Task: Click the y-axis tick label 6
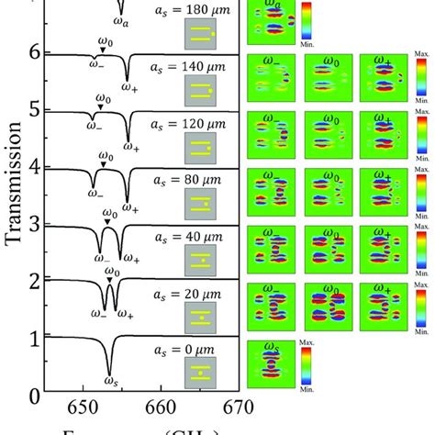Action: tap(35, 53)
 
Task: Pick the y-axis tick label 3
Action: tap(35, 225)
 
